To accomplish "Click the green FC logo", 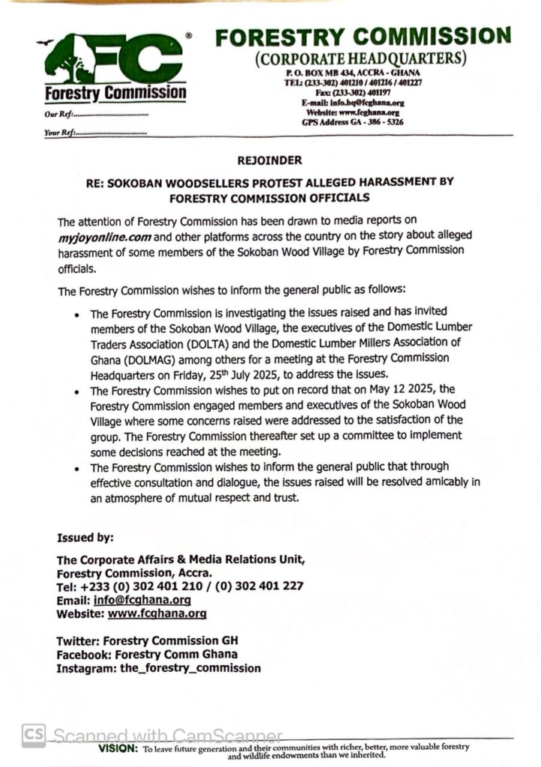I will (x=112, y=60).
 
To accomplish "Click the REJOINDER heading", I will (x=270, y=160).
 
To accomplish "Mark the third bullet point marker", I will (x=76, y=467).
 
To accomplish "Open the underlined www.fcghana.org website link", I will (x=157, y=613).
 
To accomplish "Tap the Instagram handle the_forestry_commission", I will (x=190, y=668).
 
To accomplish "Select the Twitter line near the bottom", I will (x=149, y=641).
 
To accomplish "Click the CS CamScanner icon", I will (x=33, y=735).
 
